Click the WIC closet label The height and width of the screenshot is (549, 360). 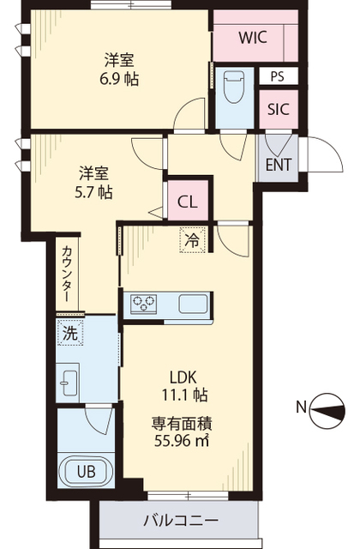(253, 38)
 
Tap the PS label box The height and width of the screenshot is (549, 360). (276, 75)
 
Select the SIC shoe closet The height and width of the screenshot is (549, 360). (277, 109)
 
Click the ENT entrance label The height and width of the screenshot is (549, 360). (277, 164)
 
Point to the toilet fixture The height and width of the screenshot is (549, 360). (233, 87)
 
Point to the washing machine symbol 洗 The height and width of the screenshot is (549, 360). (69, 334)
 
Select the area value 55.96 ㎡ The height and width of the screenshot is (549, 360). (182, 441)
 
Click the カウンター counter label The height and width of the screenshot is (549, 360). (67, 273)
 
